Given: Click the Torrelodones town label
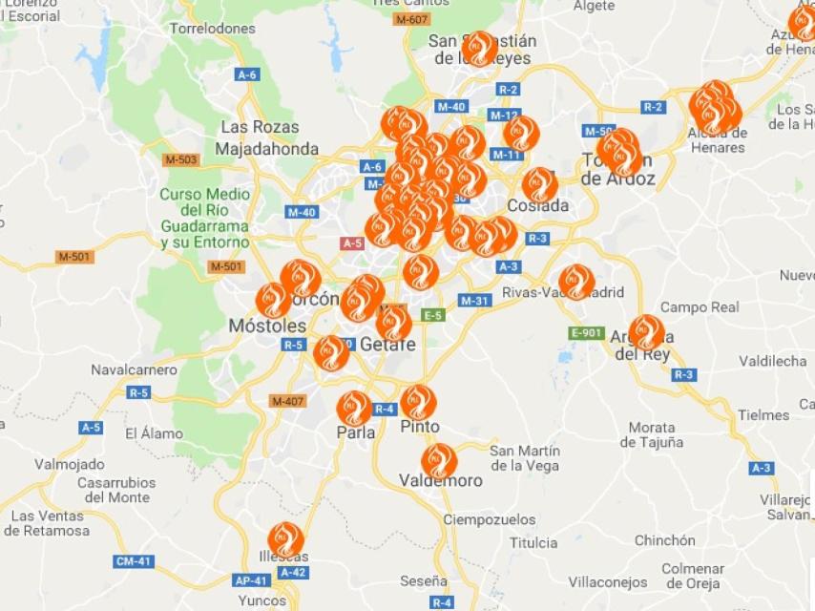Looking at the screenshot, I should pyautogui.click(x=212, y=29).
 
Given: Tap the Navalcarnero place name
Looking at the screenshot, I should pyautogui.click(x=134, y=369).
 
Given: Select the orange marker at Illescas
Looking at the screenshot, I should pyautogui.click(x=285, y=539).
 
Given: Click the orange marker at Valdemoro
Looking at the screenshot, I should pyautogui.click(x=438, y=461).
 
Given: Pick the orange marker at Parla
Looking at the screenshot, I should pyautogui.click(x=353, y=408).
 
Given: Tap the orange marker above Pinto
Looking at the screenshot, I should pyautogui.click(x=418, y=402).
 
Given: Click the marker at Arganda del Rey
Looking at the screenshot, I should pyautogui.click(x=646, y=332).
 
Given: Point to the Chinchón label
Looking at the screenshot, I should pyautogui.click(x=665, y=540).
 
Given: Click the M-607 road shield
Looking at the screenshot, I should pyautogui.click(x=411, y=19).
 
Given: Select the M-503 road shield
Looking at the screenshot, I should pyautogui.click(x=180, y=159).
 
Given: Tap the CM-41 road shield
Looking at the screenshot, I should pyautogui.click(x=134, y=561).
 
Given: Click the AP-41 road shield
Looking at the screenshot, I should pyautogui.click(x=251, y=579).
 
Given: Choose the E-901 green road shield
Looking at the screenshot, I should pyautogui.click(x=586, y=333).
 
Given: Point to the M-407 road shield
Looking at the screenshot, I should pyautogui.click(x=286, y=400).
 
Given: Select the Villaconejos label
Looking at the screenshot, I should pyautogui.click(x=608, y=581).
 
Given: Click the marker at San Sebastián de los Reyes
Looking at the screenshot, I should pyautogui.click(x=479, y=48).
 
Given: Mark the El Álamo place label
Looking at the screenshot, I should pyautogui.click(x=154, y=433).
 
